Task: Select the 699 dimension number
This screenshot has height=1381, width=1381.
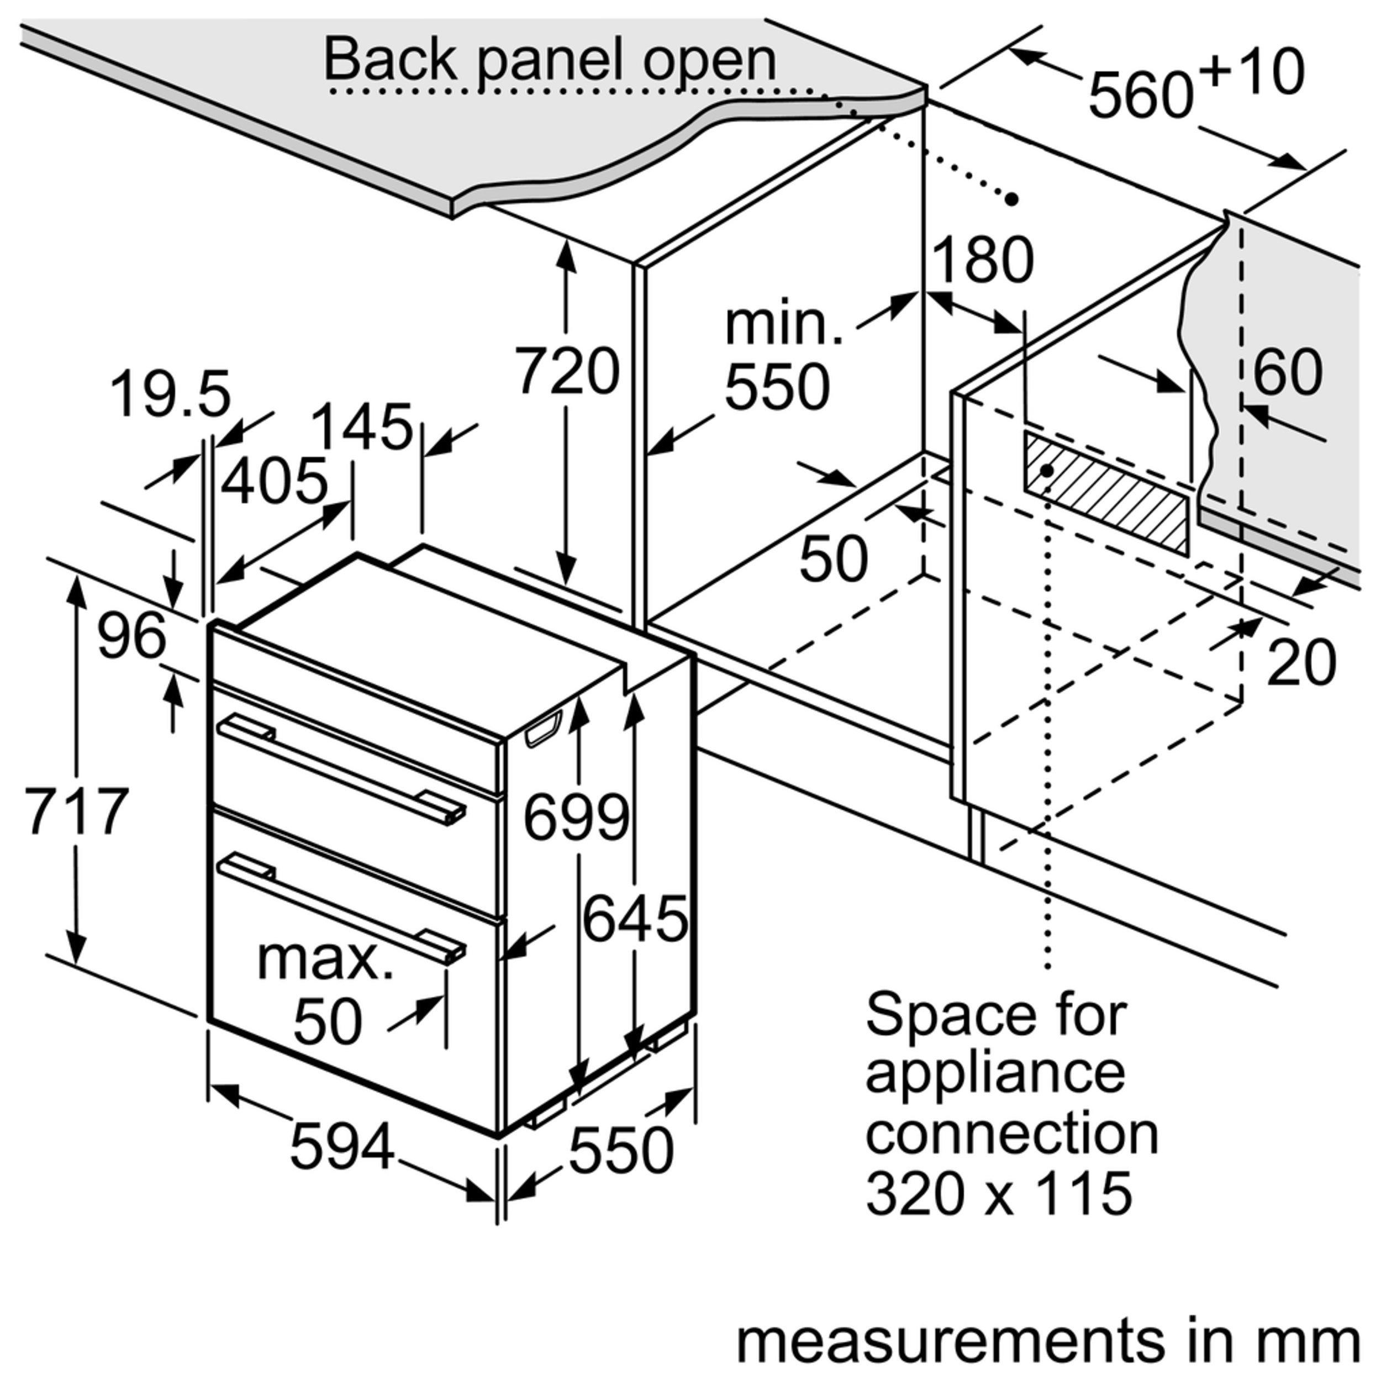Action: tap(576, 816)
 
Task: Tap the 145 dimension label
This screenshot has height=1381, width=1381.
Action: tap(362, 427)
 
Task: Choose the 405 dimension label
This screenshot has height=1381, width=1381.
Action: tap(274, 481)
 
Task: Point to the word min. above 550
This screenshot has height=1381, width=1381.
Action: tap(783, 325)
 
